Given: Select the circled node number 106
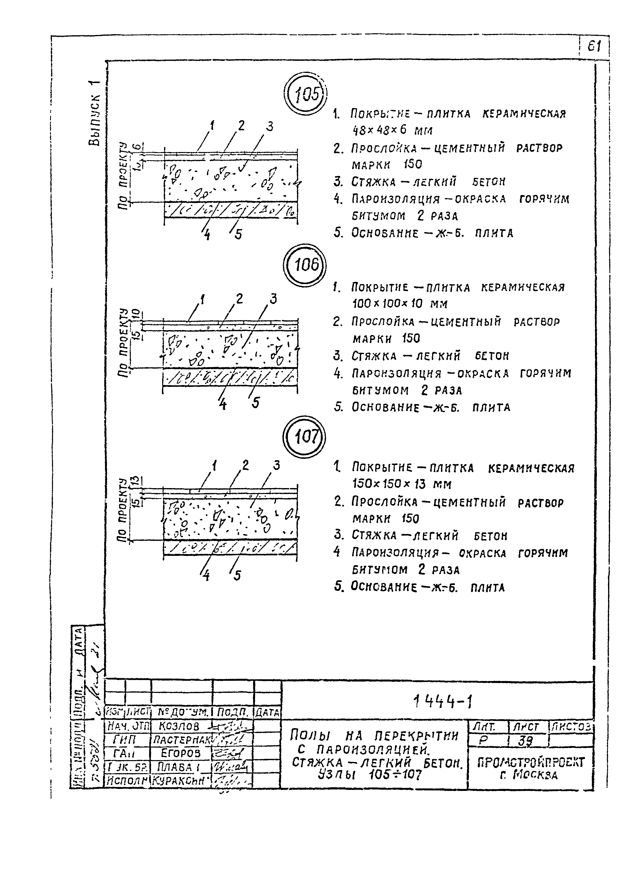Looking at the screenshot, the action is pos(305,264).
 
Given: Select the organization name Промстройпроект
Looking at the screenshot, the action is pos(531,762).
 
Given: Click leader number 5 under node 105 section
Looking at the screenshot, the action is pos(238,234).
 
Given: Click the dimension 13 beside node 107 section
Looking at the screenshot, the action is pos(134,481).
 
